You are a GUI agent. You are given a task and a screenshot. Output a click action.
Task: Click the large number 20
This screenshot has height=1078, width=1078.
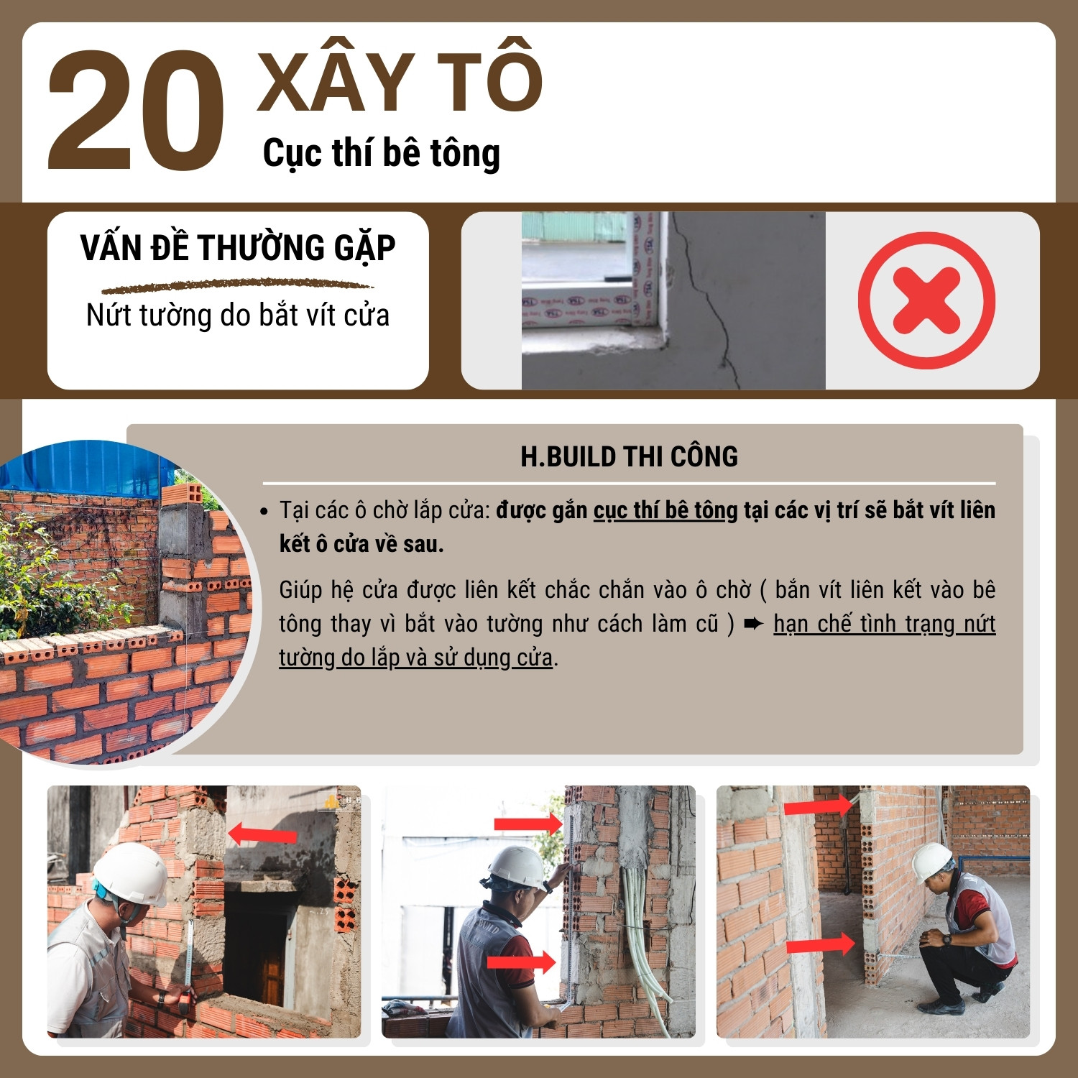[x=136, y=111]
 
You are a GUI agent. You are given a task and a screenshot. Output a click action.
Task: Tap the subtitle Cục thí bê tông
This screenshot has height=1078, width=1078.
[x=382, y=154]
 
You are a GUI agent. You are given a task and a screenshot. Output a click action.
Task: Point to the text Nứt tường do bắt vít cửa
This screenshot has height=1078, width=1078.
[x=238, y=315]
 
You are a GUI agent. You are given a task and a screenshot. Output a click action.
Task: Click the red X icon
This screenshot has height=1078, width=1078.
[x=926, y=300]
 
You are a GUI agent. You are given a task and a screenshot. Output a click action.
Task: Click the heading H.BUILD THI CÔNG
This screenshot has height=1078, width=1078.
[x=629, y=456]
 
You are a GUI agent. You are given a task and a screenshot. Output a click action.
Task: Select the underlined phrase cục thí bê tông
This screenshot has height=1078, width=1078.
[x=665, y=510]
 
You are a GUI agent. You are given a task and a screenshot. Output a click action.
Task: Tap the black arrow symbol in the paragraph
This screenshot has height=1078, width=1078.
[x=754, y=624]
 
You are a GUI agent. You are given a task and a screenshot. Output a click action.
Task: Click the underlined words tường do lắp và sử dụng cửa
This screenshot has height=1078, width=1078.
[x=415, y=658]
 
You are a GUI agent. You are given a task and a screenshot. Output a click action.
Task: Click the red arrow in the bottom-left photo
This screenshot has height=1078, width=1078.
[x=262, y=834]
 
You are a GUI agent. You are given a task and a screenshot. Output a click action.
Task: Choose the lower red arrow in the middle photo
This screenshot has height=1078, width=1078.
[x=522, y=962]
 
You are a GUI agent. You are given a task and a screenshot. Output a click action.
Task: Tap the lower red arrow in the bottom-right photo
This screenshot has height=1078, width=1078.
[x=820, y=944]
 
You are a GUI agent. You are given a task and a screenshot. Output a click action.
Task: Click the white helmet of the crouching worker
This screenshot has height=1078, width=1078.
[x=932, y=861]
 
